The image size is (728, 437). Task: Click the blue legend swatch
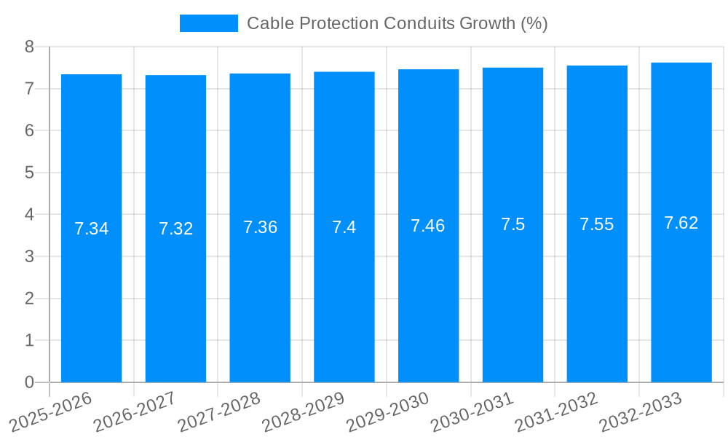coord(208,23)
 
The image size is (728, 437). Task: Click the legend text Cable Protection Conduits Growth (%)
coord(397,23)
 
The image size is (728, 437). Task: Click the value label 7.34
coord(91,229)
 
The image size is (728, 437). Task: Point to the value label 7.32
coord(175,229)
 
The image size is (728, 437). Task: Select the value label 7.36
coord(260,227)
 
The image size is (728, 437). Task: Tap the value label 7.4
coord(344,227)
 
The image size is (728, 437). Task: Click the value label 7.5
coord(513,224)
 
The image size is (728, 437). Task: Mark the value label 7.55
coord(597,224)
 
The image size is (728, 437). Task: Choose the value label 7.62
coord(681,223)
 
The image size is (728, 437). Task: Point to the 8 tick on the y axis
coord(29,47)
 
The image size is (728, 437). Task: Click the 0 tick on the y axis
coord(29,382)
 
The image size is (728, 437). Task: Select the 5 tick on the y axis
coord(29,173)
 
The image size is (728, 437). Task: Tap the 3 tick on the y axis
coord(29,256)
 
